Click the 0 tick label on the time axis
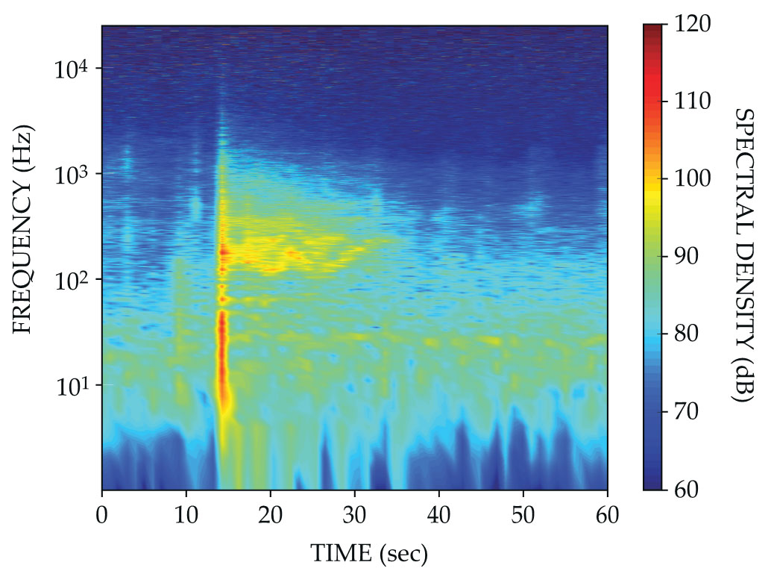point(102,516)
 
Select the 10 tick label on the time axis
point(186,516)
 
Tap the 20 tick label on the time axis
point(271,516)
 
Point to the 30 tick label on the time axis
point(355,516)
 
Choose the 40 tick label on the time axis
point(439,516)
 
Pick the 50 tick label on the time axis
point(523,516)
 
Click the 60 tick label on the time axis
point(608,516)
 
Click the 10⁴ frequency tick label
point(72,69)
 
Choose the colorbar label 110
point(692,101)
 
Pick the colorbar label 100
point(692,179)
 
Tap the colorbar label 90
point(686,257)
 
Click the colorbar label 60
point(686,490)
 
